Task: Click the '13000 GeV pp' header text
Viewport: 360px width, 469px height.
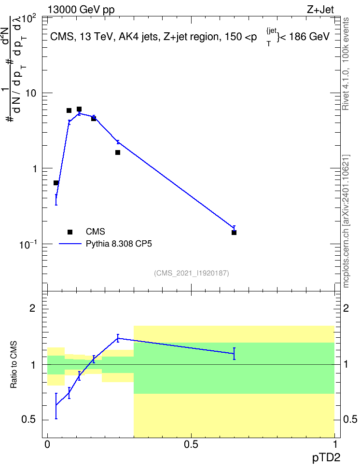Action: point(81,10)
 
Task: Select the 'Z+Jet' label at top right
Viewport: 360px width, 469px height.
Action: point(320,10)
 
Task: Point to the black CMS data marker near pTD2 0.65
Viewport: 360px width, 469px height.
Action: point(234,233)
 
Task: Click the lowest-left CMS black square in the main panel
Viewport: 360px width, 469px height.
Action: point(56,183)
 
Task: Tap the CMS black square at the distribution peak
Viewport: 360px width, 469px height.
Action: point(79,109)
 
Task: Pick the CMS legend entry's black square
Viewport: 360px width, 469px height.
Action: point(70,232)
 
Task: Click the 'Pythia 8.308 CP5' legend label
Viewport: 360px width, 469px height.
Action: point(119,244)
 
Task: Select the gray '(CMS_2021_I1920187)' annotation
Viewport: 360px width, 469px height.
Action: point(192,273)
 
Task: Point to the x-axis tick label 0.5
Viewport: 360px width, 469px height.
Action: point(191,444)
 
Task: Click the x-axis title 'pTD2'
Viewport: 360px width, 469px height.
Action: point(326,458)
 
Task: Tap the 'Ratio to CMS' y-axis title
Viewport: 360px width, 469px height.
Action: point(14,365)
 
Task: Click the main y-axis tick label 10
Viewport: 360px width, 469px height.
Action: point(30,93)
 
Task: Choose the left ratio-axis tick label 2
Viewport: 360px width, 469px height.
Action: point(32,308)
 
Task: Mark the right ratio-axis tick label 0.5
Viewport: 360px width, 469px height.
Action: point(350,419)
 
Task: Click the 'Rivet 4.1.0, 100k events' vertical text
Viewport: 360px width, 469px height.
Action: point(346,64)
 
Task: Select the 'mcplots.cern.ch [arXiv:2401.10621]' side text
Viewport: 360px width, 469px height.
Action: point(346,221)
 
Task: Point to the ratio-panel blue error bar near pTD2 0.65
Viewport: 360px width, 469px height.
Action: point(234,354)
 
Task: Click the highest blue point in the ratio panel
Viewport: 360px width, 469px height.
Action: point(118,338)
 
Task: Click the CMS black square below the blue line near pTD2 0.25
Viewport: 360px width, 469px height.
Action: point(118,152)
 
